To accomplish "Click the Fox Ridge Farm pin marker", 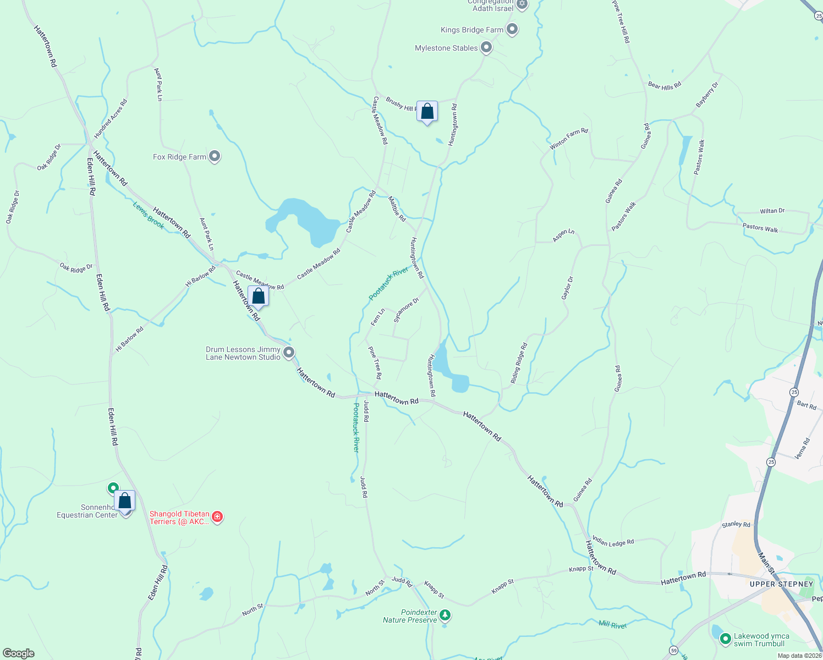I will click(x=215, y=157).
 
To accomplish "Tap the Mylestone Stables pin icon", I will click(x=486, y=48).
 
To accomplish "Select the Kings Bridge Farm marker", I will click(x=512, y=29).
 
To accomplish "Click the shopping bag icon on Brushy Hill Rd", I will click(x=427, y=112).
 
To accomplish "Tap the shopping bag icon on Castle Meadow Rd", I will click(x=258, y=296).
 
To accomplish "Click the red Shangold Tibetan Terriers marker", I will click(x=217, y=517).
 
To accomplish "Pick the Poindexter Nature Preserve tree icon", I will click(x=445, y=615).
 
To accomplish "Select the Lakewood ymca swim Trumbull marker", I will click(x=726, y=639).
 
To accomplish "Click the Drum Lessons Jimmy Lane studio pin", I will click(x=289, y=353).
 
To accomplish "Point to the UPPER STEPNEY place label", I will click(x=781, y=584).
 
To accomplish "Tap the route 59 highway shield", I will click(x=673, y=650).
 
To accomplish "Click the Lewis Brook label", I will click(x=149, y=215).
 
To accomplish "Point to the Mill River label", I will click(x=612, y=624).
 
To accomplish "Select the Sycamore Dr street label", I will click(x=407, y=310).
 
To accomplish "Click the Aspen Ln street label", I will click(x=563, y=235).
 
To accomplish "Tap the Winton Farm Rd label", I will click(x=569, y=139).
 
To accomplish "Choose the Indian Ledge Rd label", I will click(x=613, y=542).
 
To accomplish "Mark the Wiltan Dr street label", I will click(x=772, y=211).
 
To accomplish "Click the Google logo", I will click(x=18, y=653).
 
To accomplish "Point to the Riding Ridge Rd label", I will click(x=519, y=363).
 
